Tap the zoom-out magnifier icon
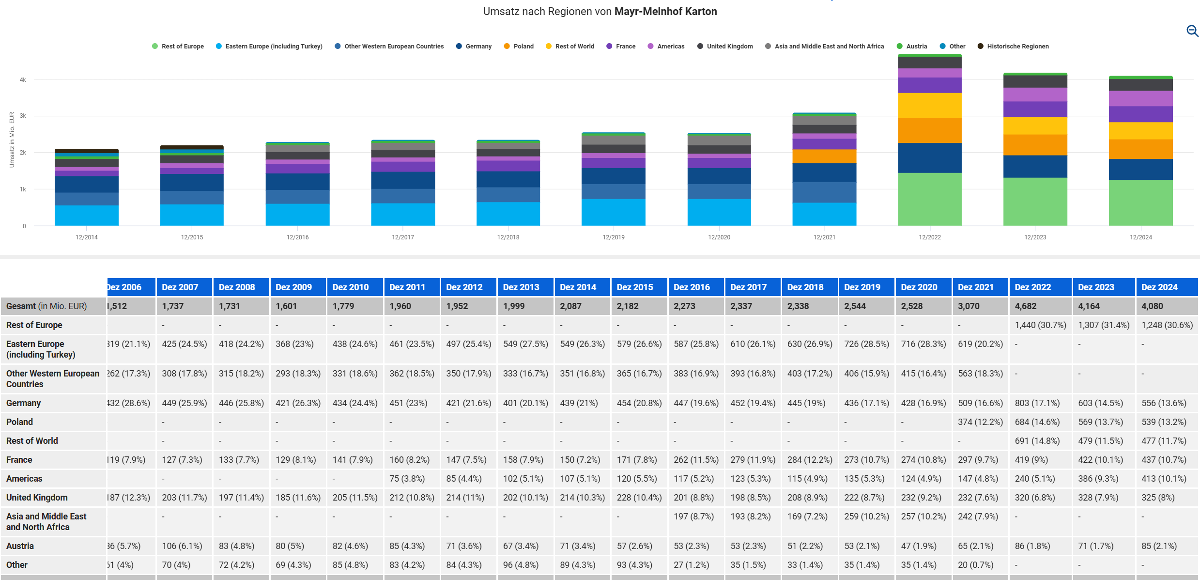[x=1192, y=31]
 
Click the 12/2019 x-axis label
[x=613, y=237]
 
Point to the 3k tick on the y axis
[x=23, y=116]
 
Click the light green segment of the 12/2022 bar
[x=929, y=199]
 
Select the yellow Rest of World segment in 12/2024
[x=1140, y=131]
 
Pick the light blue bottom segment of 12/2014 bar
[x=87, y=216]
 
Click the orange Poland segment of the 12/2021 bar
[x=824, y=157]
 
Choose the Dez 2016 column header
[x=692, y=287]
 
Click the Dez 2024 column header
[x=1159, y=287]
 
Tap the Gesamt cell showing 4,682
[x=1026, y=306]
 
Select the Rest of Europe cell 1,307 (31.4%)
[x=1104, y=325]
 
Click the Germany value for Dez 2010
[x=354, y=403]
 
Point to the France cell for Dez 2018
[x=810, y=460]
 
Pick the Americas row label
[x=24, y=479]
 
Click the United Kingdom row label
[x=37, y=498]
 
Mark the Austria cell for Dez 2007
[x=184, y=546]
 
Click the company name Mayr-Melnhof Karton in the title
[x=665, y=12]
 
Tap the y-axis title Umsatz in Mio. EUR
[x=12, y=140]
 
